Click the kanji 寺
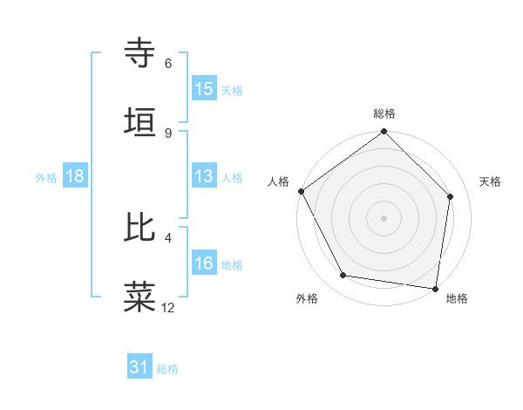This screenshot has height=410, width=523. tap(140, 53)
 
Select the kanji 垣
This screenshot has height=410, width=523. tap(140, 122)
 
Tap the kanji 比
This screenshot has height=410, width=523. tap(140, 228)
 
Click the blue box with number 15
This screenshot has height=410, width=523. tap(204, 89)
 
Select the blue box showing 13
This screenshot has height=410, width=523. tap(204, 176)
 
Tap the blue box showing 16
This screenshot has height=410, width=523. tap(204, 263)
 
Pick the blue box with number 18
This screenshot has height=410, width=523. tap(75, 176)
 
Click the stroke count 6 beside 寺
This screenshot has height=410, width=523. tap(168, 63)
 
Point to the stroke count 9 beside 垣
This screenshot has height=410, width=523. tap(168, 133)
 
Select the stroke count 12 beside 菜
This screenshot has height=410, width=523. tap(168, 307)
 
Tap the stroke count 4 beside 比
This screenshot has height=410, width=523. tap(168, 236)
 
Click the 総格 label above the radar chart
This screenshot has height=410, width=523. tap(384, 113)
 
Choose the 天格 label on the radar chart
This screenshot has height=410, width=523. tap(490, 181)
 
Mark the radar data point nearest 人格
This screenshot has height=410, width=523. tap(301, 191)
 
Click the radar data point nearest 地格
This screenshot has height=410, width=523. tap(435, 288)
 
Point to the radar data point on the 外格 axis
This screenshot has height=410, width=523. tap(343, 276)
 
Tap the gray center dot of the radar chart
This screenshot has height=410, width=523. tap(384, 217)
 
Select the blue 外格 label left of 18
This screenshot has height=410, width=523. tap(46, 177)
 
